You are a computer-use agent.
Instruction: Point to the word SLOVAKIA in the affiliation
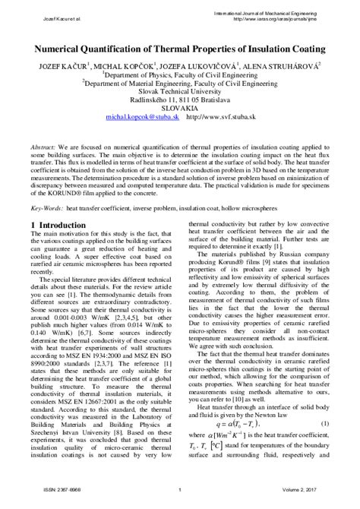click(179, 108)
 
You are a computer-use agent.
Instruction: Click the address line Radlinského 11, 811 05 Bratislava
click(179, 98)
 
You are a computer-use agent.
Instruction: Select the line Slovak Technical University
click(179, 88)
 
